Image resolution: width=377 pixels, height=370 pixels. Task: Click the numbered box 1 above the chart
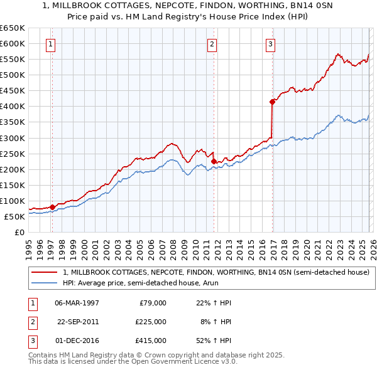pos(50,44)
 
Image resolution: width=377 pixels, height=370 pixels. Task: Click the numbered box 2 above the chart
pos(212,44)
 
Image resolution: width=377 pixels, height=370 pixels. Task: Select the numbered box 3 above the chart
pos(270,44)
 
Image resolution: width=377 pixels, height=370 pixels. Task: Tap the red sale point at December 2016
pos(272,101)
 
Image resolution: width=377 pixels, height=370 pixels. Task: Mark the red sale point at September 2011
pos(214,161)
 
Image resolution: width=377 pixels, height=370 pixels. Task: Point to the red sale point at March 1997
pos(52,207)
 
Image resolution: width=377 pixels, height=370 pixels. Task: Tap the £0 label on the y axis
pos(18,233)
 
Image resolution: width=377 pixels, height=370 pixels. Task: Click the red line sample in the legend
pos(45,273)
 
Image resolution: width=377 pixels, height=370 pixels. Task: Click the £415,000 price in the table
pos(151,341)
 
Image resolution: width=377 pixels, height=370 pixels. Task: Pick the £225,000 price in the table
pos(151,322)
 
